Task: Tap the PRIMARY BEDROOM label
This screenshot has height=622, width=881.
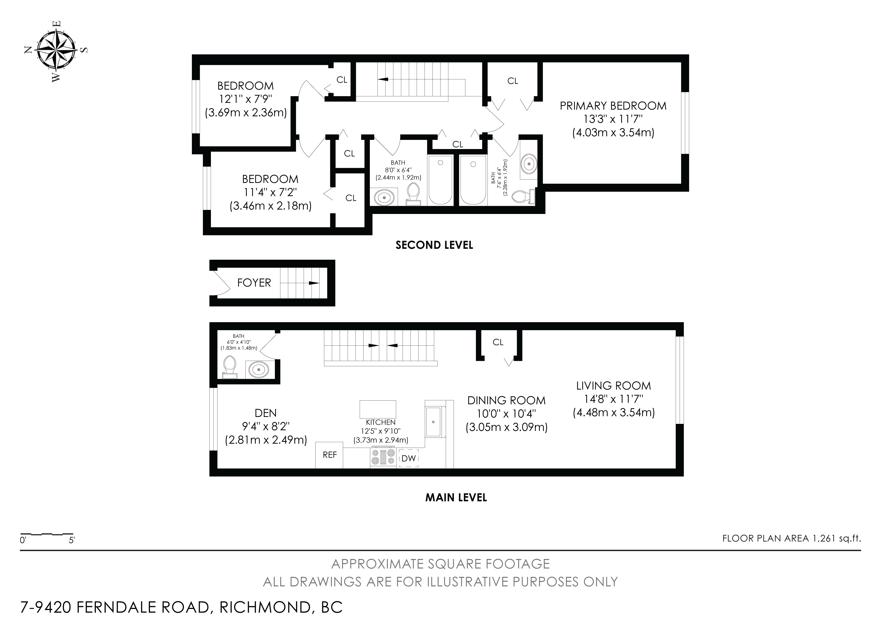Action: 613,106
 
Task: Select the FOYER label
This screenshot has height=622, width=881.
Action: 254,283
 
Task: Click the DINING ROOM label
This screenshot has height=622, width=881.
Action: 506,400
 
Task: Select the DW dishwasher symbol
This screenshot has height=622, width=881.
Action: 409,458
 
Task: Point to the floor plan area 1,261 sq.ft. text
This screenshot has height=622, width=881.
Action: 791,538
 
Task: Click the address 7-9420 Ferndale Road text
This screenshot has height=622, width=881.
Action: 181,607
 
